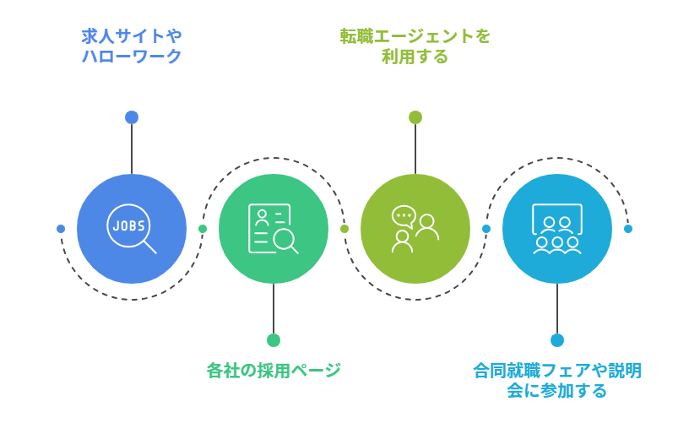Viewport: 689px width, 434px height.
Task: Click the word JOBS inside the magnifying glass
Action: coord(128,225)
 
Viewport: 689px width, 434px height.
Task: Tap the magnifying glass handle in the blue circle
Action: coord(149,247)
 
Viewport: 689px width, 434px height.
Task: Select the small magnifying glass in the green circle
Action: coord(285,241)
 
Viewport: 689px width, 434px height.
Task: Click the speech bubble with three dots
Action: coord(404,216)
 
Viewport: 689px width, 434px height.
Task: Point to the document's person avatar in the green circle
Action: coord(262,217)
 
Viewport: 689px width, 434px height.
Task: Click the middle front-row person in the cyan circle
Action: coord(557,245)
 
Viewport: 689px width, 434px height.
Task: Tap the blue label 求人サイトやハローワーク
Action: coord(132,46)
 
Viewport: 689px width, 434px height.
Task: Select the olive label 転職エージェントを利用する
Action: coord(415,46)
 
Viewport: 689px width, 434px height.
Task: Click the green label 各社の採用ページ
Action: coord(274,370)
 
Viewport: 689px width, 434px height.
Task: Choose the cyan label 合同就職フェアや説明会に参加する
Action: coord(556,380)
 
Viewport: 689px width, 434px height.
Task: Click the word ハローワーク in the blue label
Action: coord(132,57)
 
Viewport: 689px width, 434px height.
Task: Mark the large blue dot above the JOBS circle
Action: coord(132,117)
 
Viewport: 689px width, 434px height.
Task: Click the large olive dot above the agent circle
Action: coord(415,117)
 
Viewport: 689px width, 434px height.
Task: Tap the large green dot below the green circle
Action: coord(274,340)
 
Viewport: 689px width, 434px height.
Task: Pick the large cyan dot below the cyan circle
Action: coord(557,340)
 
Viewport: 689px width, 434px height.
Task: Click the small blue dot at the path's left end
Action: coord(61,229)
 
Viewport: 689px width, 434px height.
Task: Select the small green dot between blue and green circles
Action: coord(203,229)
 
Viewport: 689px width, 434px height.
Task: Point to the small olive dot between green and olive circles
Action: coord(344,229)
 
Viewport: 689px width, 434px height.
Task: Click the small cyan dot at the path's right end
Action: coord(628,229)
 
